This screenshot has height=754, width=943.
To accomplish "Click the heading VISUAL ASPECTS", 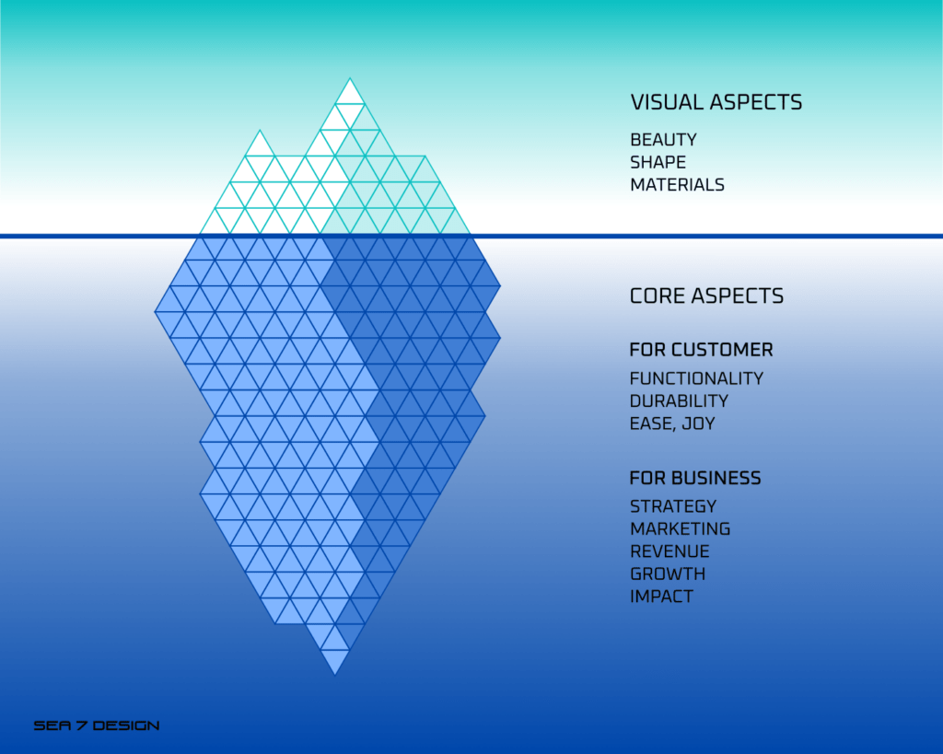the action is [x=716, y=102].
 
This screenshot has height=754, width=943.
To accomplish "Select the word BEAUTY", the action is [x=663, y=140].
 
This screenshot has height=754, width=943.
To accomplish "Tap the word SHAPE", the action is [x=658, y=162].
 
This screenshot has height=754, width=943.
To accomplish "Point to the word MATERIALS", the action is [x=677, y=185].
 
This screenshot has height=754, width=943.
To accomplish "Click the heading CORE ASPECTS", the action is [x=706, y=296].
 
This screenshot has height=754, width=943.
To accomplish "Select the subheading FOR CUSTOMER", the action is [x=701, y=349].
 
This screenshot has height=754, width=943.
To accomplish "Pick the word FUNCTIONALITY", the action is [x=696, y=378].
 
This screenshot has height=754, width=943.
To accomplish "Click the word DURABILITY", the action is [x=679, y=401].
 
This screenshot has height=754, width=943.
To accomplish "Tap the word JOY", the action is [x=699, y=423].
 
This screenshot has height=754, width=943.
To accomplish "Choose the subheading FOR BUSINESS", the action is [x=695, y=478].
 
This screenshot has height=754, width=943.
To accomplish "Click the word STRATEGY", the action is [x=673, y=506].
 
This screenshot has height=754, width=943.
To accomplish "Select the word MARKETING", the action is [x=681, y=529].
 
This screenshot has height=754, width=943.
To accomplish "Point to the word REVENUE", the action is [x=670, y=551].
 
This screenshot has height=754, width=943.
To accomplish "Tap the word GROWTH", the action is [x=668, y=574].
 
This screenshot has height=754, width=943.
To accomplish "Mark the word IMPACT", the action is [x=661, y=597].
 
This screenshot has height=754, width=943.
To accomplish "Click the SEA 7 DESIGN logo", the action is [x=97, y=725].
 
